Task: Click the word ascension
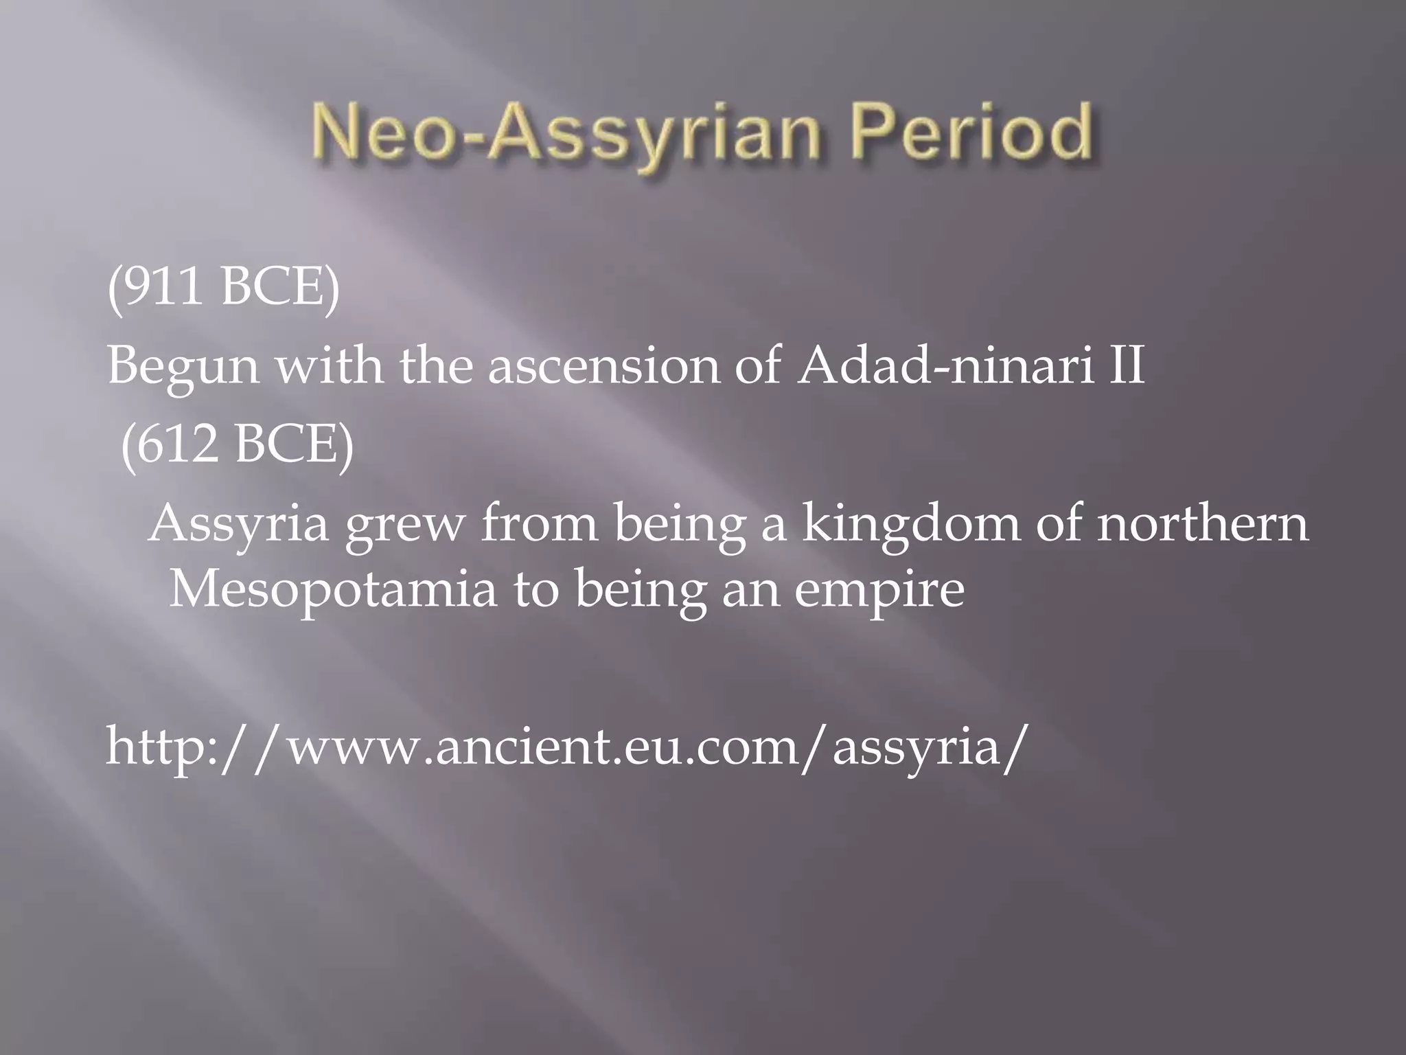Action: [x=603, y=365]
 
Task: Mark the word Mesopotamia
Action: [x=332, y=589]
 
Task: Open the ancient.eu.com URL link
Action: [x=567, y=747]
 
